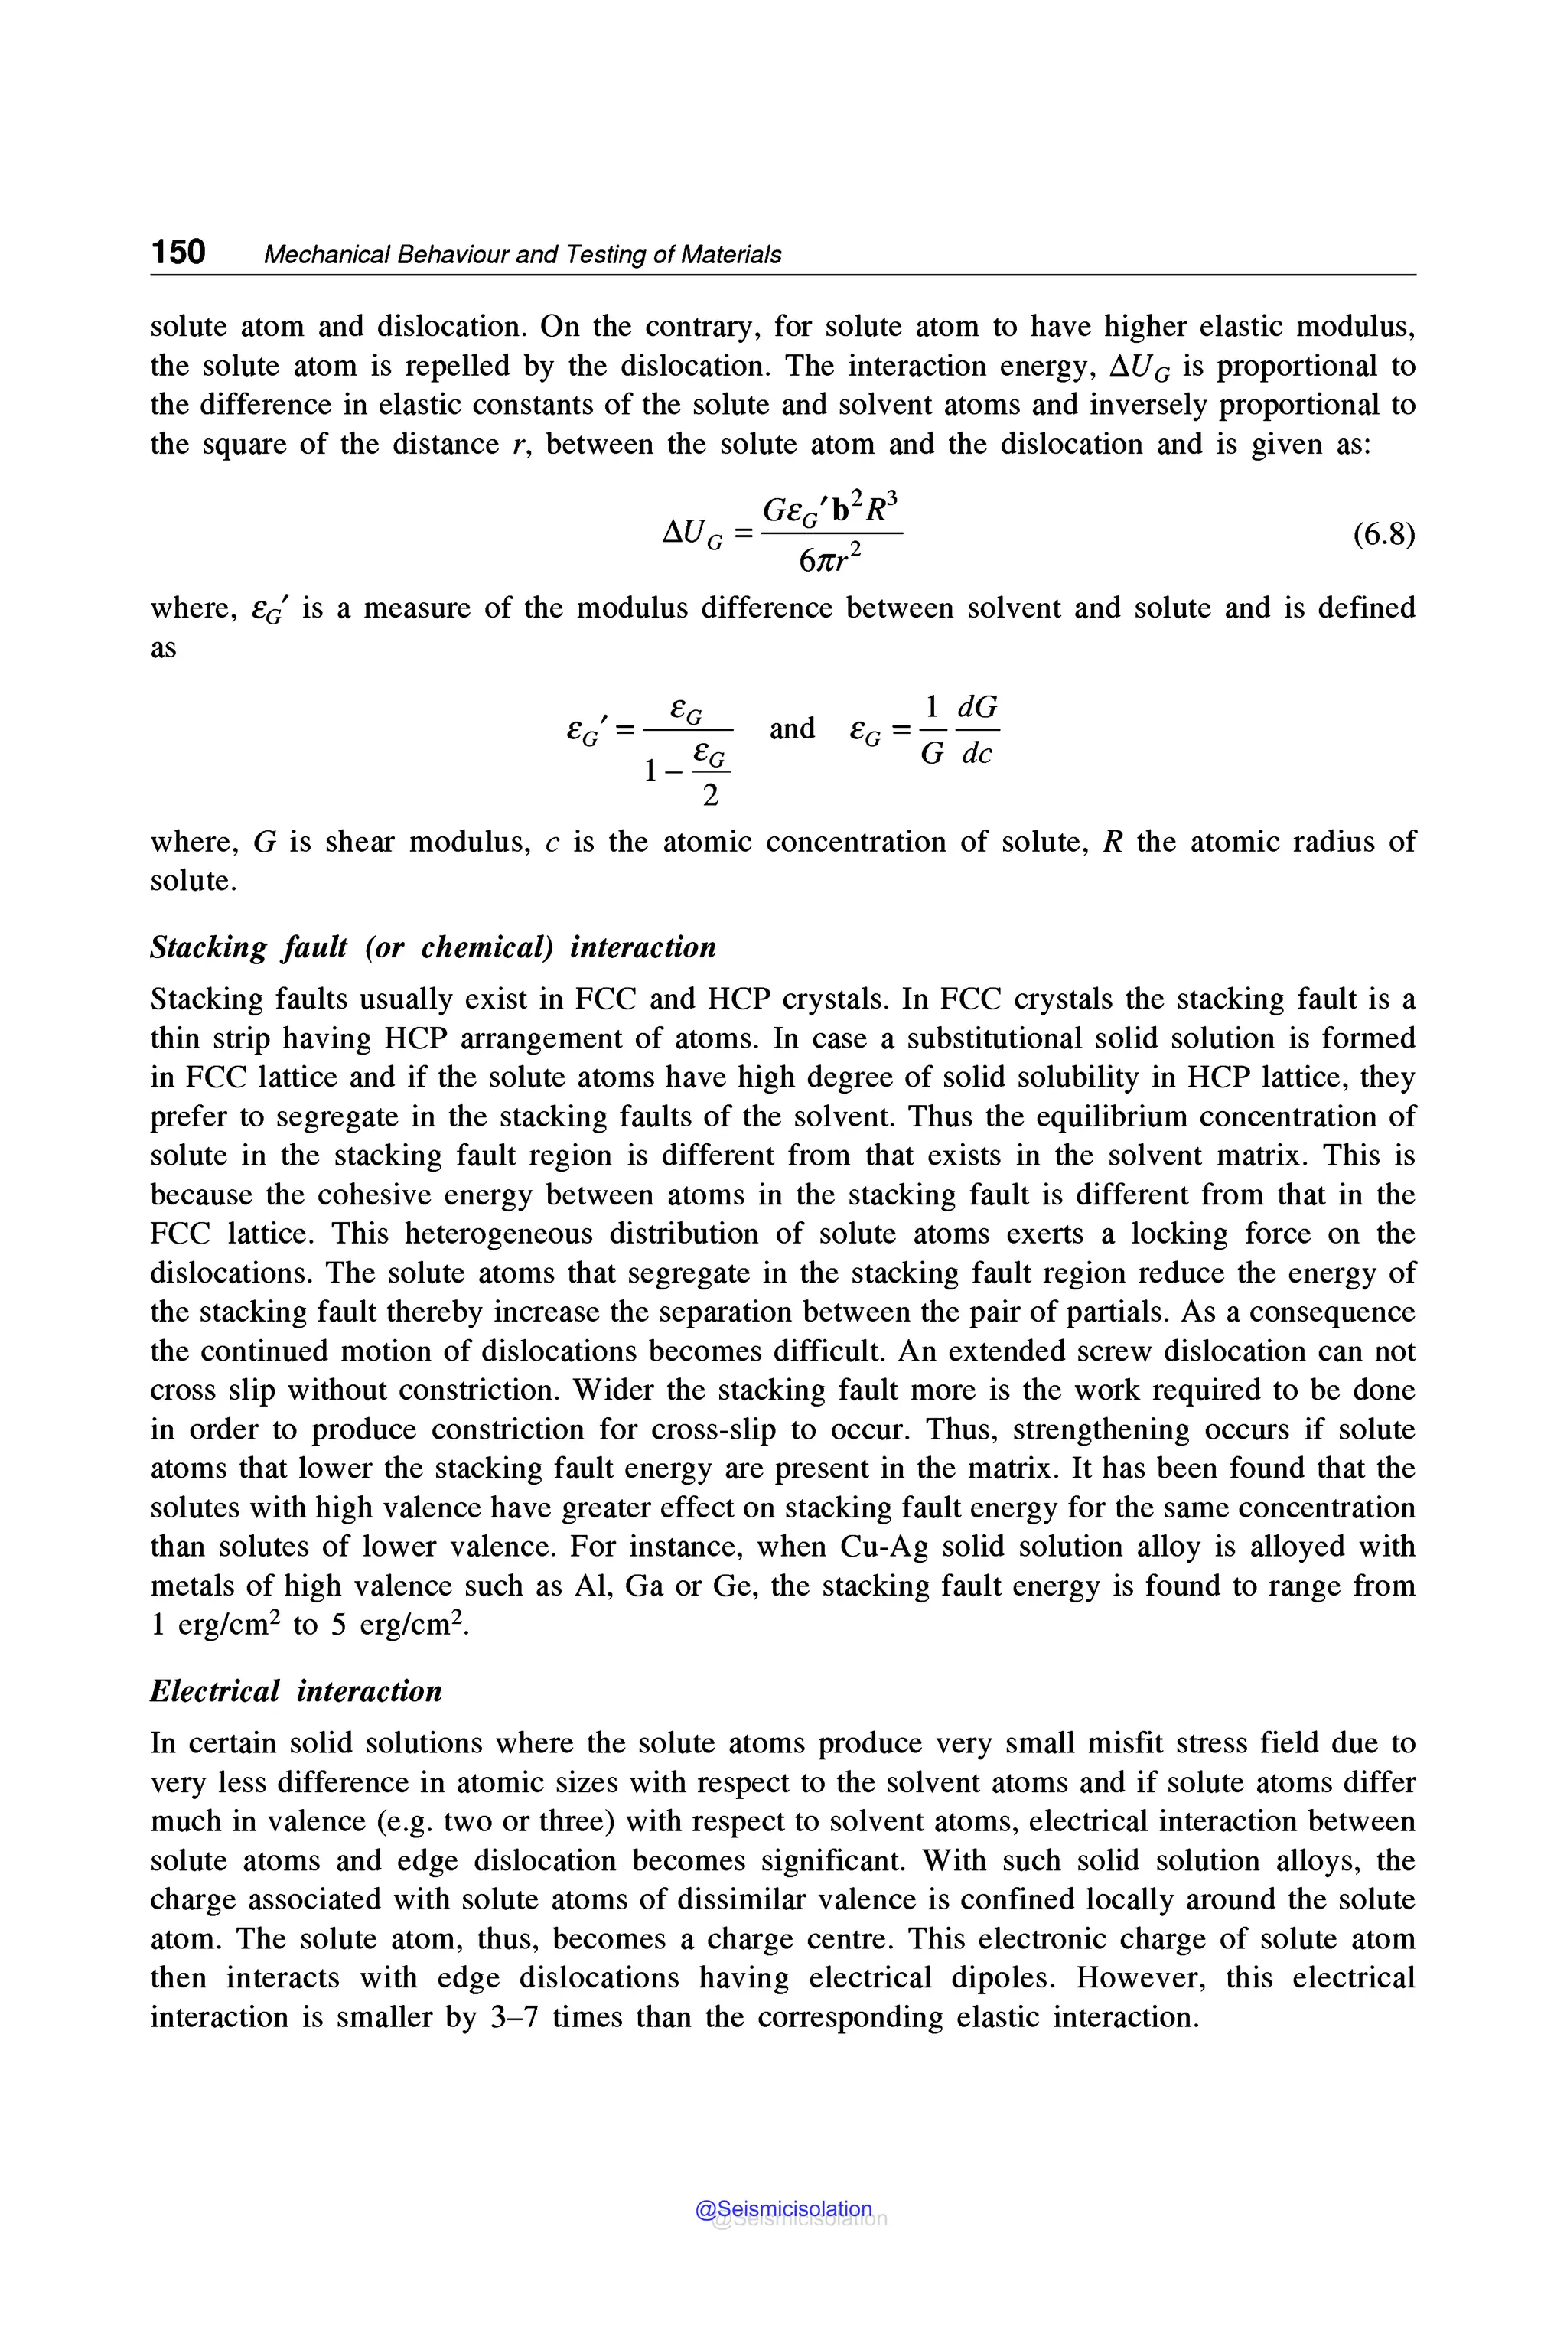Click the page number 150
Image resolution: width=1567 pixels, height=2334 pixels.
[x=178, y=252]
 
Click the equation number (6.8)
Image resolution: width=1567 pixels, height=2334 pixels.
[x=1383, y=535]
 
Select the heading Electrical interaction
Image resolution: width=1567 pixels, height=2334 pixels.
[x=296, y=1691]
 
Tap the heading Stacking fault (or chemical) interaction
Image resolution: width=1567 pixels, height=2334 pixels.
[x=433, y=947]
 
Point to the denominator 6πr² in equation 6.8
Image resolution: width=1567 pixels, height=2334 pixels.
[x=829, y=559]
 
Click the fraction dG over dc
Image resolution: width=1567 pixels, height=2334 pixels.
[x=976, y=731]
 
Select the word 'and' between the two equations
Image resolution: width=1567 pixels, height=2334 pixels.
[x=791, y=728]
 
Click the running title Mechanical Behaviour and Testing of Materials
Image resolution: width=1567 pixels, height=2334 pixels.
[x=522, y=255]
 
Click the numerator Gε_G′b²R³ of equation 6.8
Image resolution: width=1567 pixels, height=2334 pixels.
[x=832, y=510]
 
